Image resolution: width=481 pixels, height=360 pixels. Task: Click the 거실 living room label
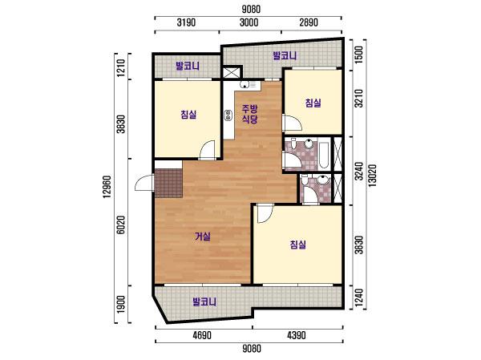point(203,237)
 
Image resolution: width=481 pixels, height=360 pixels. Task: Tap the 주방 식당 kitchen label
point(249,114)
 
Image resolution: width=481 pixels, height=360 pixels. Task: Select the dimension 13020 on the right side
point(373,176)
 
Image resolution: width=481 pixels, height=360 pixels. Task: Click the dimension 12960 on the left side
point(107,187)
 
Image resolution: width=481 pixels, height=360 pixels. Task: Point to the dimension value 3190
point(187,22)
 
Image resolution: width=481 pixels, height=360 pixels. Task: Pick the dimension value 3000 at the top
point(249,22)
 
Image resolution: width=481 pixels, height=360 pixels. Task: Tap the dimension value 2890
point(309,22)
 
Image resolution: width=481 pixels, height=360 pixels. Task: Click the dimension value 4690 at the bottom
point(202,335)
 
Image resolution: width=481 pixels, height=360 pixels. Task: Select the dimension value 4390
point(297,335)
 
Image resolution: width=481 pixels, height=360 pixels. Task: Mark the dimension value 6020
point(122,224)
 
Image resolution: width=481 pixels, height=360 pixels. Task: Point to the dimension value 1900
point(122,304)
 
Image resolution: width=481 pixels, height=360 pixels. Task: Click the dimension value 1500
point(359,55)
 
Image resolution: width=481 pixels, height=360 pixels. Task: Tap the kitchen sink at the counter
point(245,85)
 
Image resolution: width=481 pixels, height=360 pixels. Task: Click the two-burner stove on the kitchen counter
point(228,115)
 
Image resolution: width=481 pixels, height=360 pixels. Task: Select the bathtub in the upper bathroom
point(323,155)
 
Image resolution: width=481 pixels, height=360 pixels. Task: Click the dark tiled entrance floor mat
point(168,184)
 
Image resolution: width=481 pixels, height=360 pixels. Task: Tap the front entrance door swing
point(143,183)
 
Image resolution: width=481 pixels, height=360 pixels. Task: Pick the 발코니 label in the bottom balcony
point(204,302)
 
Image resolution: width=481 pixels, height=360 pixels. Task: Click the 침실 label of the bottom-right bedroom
point(298,245)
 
